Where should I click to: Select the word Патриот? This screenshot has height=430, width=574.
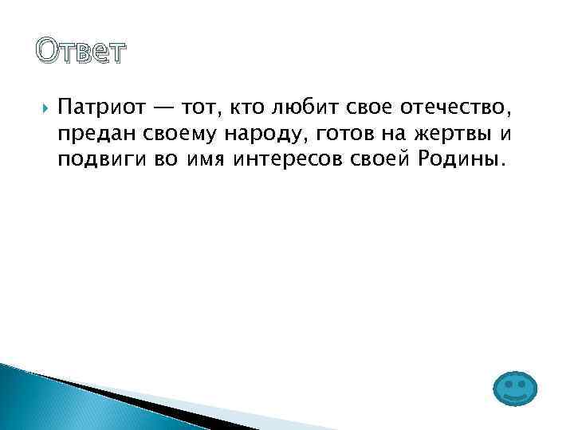[x=95, y=106]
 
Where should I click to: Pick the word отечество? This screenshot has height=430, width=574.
[x=450, y=106]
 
